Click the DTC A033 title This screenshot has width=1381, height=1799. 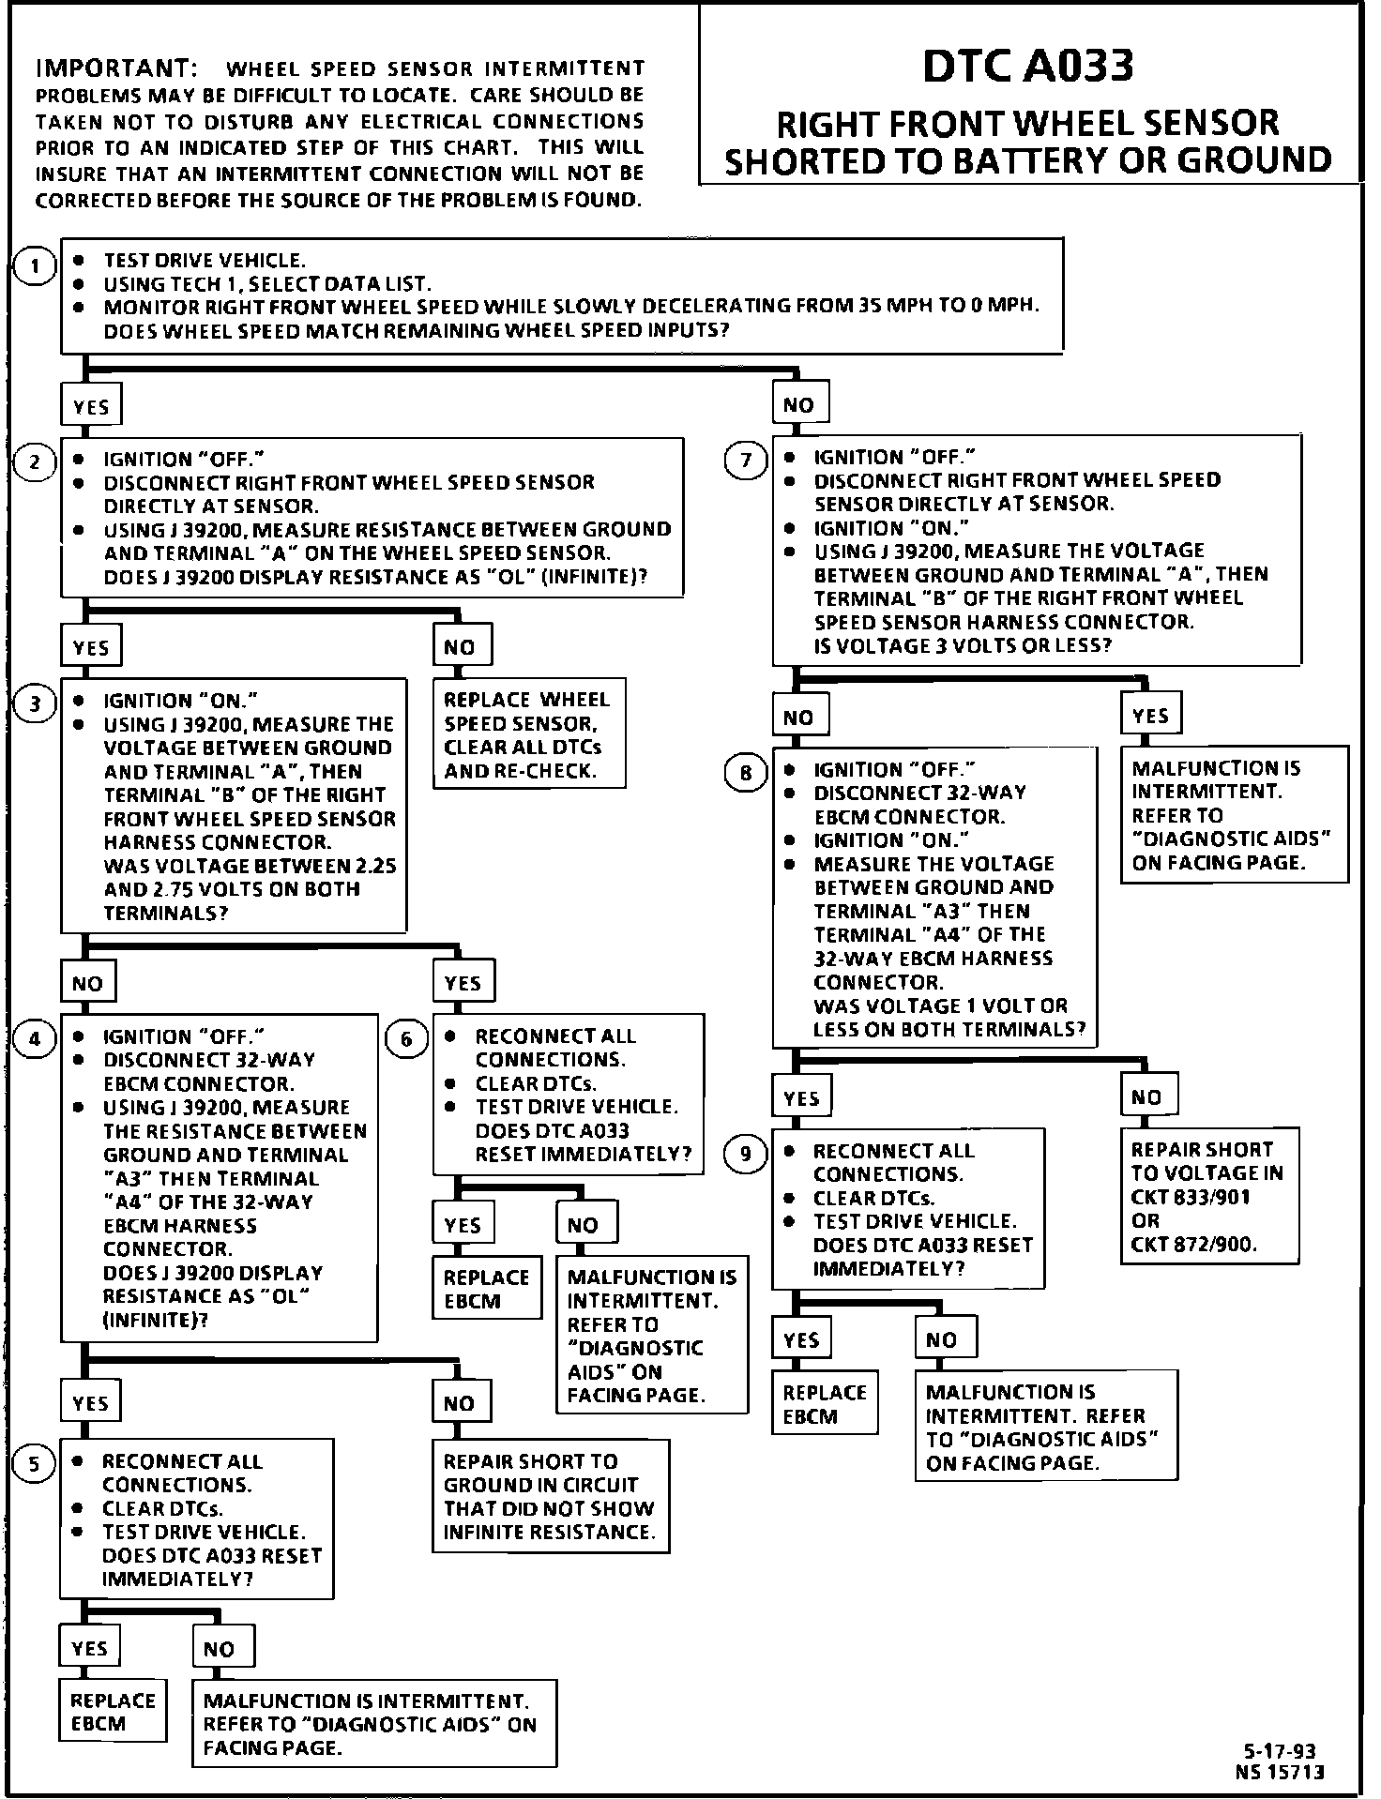pos(1028,66)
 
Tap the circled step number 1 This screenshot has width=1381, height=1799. pos(35,267)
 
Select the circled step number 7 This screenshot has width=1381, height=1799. pos(747,461)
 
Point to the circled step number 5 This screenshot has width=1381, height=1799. pos(35,1464)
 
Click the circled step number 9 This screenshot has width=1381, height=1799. pos(746,1153)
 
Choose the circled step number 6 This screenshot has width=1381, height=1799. pos(407,1039)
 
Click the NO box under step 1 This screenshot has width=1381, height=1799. pos(799,405)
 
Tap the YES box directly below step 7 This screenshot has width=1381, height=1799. pos(1150,716)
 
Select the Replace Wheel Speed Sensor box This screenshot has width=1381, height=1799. pos(529,734)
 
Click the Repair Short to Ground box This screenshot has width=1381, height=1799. pos(551,1496)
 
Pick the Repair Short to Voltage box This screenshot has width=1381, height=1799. pos(1208,1196)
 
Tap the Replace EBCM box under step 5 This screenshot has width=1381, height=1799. pos(113,1712)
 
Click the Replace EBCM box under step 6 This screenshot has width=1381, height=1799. pos(486,1289)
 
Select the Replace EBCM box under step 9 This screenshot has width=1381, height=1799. pos(825,1404)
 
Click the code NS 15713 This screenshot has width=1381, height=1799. pos(1280,1772)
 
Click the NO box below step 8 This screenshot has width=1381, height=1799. pos(1146,1096)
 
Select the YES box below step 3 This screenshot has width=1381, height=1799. pos(463,983)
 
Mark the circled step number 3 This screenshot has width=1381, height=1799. pos(35,703)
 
